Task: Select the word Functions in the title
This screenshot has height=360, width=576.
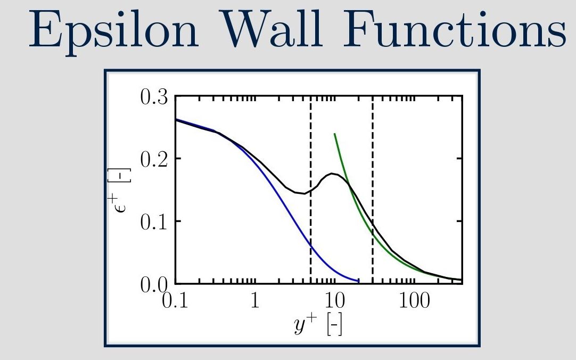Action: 455,29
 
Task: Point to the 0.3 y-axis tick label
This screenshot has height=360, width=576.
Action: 154,97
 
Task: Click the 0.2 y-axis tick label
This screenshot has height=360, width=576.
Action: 154,159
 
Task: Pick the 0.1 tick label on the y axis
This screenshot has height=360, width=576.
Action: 154,222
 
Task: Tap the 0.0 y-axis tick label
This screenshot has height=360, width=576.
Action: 154,284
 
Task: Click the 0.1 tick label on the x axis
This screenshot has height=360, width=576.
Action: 175,300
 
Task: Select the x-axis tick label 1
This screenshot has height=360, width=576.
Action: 255,300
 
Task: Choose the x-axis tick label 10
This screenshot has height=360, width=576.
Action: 335,300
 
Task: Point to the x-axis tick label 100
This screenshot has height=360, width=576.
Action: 414,300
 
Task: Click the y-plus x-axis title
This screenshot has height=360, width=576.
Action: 318,324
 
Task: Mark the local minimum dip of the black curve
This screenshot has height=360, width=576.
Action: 304,194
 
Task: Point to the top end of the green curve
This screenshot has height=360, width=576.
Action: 335,134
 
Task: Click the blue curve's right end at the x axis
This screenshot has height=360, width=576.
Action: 358,281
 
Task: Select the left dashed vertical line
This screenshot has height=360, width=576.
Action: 311,190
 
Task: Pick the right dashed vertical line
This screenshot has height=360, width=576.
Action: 373,190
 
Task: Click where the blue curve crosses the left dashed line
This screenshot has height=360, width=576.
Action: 311,244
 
